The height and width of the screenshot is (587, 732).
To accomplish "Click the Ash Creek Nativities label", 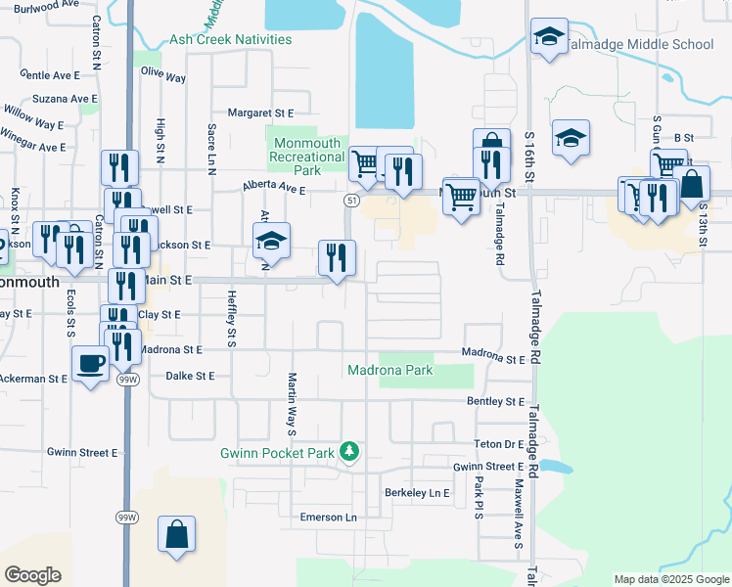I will (x=231, y=39).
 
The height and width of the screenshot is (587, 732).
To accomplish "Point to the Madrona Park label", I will (x=389, y=371).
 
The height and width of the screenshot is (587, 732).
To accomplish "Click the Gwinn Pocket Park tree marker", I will (x=349, y=451).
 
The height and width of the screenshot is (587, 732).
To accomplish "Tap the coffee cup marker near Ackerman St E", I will (x=91, y=364).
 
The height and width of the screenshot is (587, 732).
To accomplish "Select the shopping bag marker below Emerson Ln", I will (x=176, y=534).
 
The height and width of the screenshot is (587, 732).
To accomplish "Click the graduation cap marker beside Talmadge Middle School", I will (x=549, y=37).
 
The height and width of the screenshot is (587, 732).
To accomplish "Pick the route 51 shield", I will (x=349, y=200).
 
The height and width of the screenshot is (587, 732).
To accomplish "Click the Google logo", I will (x=32, y=574).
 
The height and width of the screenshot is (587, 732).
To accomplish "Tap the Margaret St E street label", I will (x=260, y=113).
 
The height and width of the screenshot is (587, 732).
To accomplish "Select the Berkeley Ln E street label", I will (x=417, y=492).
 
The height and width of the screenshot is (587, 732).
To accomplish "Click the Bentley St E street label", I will (x=495, y=402).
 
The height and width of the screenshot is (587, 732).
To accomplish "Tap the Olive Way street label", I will (x=163, y=74).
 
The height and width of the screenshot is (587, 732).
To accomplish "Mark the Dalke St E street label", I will (x=190, y=375).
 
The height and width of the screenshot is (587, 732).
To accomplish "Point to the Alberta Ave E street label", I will (x=274, y=190).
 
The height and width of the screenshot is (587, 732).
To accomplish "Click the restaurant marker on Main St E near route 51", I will (x=337, y=258).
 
